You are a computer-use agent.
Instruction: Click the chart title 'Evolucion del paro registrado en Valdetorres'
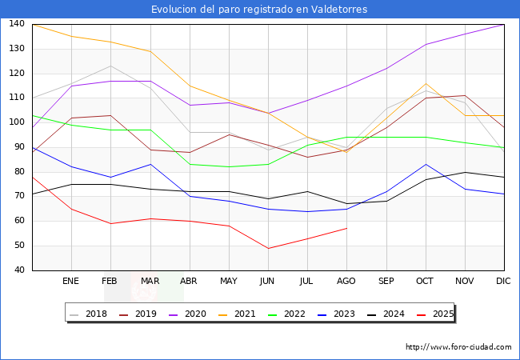click(259, 10)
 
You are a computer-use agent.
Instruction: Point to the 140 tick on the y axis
click(16, 24)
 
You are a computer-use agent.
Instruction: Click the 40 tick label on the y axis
click(18, 270)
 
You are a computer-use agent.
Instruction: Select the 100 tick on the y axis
click(16, 122)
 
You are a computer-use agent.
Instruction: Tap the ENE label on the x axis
click(71, 281)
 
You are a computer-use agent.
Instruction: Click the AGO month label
click(346, 281)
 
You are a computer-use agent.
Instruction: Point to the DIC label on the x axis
click(503, 281)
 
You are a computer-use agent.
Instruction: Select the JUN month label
click(268, 281)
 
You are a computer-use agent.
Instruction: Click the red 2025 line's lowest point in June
click(268, 248)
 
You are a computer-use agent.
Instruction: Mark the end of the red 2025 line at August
click(346, 228)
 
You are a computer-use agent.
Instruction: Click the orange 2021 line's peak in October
click(425, 83)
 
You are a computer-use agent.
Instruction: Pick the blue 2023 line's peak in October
click(425, 164)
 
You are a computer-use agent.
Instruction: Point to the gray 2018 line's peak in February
click(110, 66)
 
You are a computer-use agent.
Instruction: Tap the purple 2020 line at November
click(464, 34)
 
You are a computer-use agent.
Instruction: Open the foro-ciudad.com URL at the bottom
click(458, 347)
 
